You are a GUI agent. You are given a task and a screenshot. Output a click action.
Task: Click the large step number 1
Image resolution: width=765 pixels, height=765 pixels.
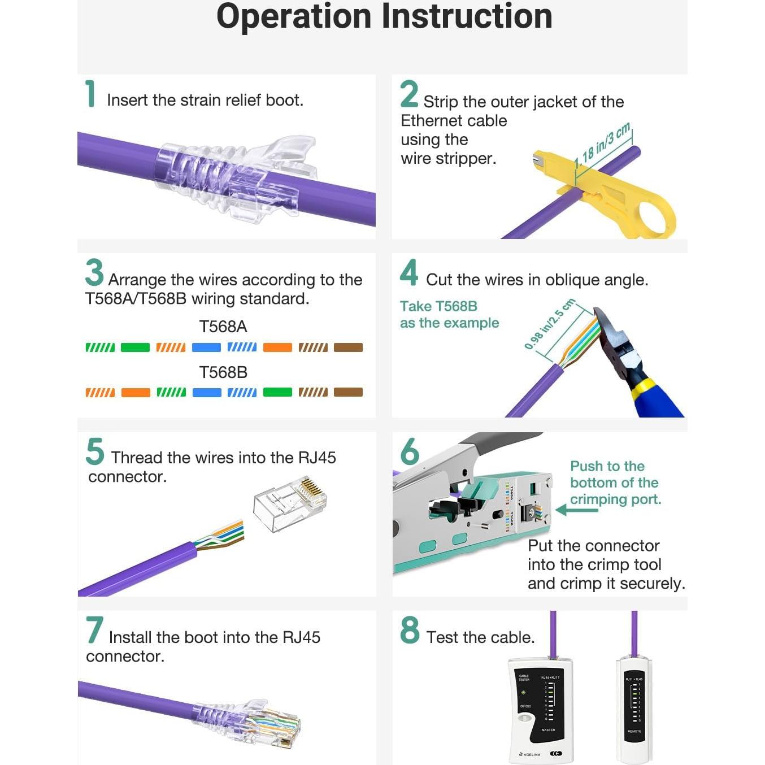click(x=90, y=94)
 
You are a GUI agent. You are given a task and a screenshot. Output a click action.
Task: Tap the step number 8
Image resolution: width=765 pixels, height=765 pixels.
click(x=410, y=631)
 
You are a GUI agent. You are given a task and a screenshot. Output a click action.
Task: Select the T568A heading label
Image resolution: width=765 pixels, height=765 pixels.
click(x=223, y=327)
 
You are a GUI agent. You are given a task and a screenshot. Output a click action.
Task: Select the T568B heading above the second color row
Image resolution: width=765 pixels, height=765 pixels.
click(x=223, y=372)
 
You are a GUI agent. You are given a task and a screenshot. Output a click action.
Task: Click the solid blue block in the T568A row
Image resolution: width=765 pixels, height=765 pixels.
click(x=206, y=347)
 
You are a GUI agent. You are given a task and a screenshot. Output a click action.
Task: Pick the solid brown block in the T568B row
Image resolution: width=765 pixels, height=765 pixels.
click(x=348, y=392)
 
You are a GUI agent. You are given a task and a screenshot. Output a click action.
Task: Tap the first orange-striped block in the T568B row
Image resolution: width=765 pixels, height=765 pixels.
click(x=100, y=392)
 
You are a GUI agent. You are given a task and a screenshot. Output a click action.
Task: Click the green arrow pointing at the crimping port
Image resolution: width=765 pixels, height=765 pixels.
click(x=576, y=510)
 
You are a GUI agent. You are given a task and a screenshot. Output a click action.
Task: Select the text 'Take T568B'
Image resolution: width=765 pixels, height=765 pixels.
click(x=438, y=306)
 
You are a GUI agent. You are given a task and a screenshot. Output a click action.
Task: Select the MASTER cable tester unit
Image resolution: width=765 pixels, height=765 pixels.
click(x=540, y=709)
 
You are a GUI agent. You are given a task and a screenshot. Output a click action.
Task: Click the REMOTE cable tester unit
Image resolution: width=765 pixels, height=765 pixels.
click(x=634, y=709)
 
